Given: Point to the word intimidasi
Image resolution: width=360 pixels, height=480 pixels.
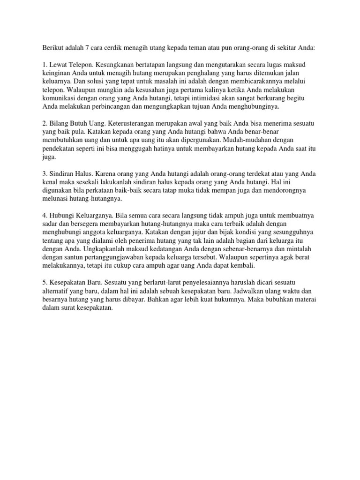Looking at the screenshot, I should point(208,98).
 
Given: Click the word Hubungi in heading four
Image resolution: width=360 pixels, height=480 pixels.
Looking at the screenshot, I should point(63,215).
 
